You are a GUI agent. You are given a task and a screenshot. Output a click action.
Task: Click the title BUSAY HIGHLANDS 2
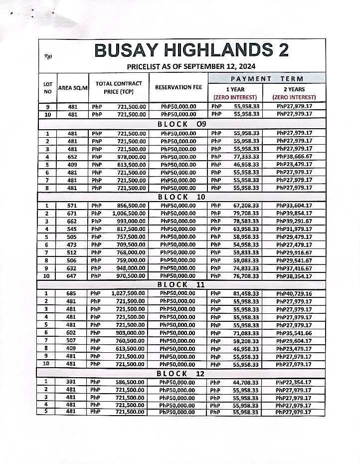[191, 50]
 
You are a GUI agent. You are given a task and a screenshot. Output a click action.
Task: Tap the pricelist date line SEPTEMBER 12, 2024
[191, 66]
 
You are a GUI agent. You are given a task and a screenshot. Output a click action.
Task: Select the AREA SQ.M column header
[73, 87]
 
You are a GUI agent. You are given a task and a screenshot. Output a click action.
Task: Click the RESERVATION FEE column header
[178, 87]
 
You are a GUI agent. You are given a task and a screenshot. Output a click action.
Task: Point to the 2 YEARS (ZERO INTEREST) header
[294, 93]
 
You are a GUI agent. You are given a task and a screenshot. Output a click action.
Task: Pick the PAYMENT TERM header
[267, 78]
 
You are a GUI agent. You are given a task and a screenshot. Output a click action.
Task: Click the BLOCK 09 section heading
[182, 124]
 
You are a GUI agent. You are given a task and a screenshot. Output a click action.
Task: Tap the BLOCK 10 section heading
[182, 197]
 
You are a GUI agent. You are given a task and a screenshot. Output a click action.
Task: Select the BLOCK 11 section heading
[182, 284]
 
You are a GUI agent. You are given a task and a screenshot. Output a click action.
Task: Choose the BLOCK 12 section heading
[182, 373]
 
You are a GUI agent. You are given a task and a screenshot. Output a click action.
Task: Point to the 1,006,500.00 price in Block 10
[129, 213]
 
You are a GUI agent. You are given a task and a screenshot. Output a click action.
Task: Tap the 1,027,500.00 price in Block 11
[129, 293]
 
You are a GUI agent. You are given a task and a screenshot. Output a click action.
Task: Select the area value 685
[73, 293]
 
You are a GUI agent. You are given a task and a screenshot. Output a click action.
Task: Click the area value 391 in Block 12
[73, 382]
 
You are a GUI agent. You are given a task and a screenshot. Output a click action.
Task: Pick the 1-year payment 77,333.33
[246, 156]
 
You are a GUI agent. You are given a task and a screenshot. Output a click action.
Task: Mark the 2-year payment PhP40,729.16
[294, 293]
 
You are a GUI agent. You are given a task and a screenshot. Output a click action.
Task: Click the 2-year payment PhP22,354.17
[294, 382]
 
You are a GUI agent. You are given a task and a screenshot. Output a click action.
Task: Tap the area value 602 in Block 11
[73, 333]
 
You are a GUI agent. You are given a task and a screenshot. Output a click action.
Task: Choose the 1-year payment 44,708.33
[246, 382]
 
